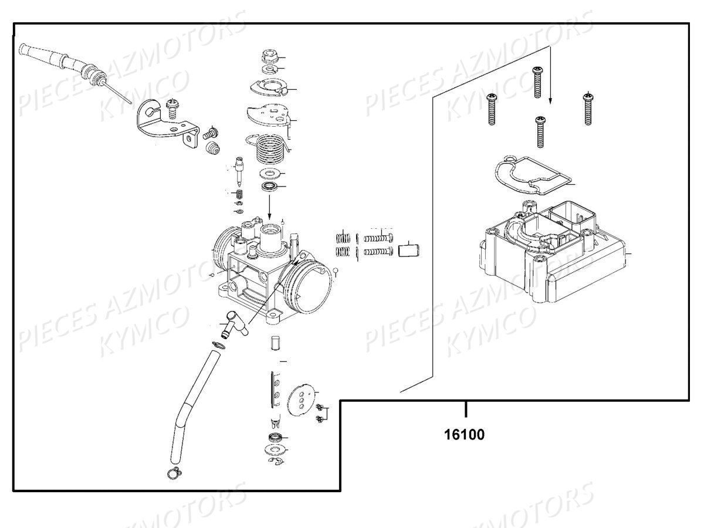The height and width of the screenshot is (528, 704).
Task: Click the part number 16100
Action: (x=464, y=435)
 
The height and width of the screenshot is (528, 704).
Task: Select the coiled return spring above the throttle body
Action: (x=269, y=148)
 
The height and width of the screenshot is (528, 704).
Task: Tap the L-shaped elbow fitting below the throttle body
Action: (x=233, y=324)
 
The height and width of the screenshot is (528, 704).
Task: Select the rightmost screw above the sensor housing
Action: (x=588, y=109)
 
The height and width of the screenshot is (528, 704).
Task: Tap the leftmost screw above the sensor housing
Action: (x=492, y=109)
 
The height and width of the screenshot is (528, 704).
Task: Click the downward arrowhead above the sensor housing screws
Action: (x=550, y=100)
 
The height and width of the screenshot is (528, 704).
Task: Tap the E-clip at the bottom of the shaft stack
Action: (x=276, y=461)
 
